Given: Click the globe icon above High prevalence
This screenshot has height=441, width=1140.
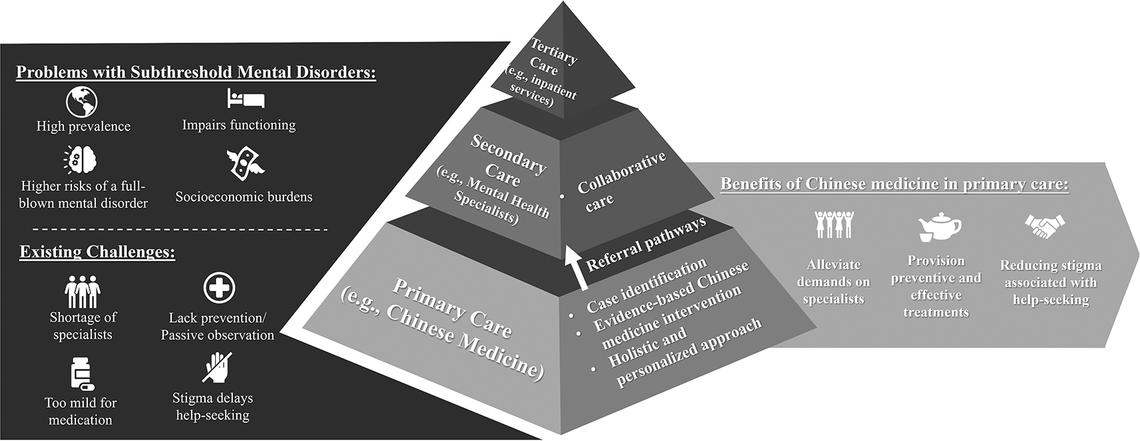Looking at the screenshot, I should click(82, 102).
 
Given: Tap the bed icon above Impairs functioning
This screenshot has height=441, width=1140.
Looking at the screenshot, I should click(246, 99).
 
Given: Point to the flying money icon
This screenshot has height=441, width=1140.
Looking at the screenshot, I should click(246, 163).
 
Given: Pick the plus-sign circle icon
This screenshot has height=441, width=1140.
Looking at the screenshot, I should click(219, 288).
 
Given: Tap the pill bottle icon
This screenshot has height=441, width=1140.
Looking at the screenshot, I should click(81, 374).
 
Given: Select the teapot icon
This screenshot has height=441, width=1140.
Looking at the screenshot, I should click(938, 228).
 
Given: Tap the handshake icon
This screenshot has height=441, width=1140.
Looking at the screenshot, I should click(1044, 227).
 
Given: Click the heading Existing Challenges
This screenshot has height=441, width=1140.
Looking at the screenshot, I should click(97, 252).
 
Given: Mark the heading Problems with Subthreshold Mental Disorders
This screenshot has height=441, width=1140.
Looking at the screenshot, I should click(196, 72).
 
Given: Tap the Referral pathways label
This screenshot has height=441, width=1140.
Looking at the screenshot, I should click(645, 244).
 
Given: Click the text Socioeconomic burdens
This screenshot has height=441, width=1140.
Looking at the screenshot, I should click(244, 197).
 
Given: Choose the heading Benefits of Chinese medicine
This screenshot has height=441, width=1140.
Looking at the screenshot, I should click(894, 184).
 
